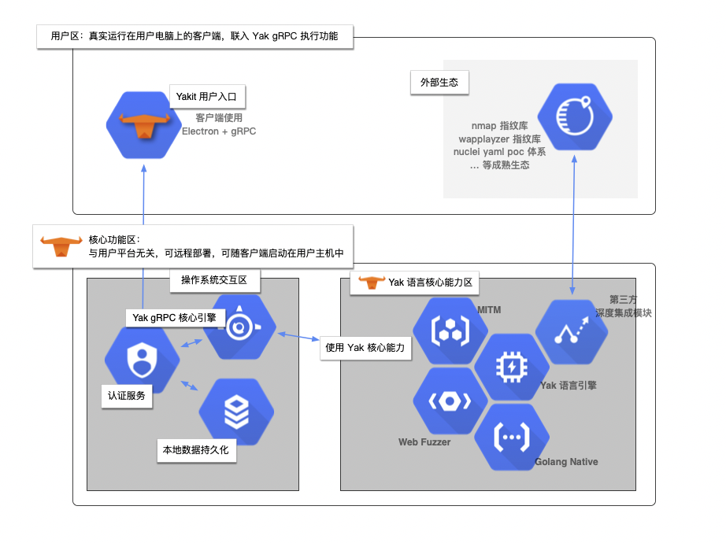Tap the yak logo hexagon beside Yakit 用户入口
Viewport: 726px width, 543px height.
click(144, 126)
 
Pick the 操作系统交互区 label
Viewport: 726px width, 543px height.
click(214, 280)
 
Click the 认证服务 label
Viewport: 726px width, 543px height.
click(127, 396)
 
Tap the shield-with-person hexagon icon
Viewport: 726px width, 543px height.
click(143, 360)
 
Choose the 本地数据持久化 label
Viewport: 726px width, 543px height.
click(195, 451)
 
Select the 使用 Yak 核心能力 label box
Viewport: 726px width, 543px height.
click(367, 348)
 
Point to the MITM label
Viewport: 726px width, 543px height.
click(489, 310)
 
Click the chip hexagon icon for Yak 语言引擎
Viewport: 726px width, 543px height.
click(511, 367)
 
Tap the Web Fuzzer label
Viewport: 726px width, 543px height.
click(424, 442)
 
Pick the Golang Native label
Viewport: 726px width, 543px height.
click(566, 462)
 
